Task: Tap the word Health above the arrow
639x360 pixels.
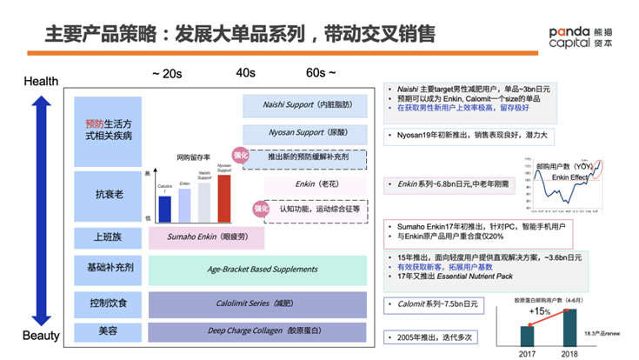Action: click(x=40, y=82)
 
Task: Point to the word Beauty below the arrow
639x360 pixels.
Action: click(x=40, y=336)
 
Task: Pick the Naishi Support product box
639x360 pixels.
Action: click(x=309, y=105)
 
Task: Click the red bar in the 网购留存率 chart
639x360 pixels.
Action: click(x=223, y=198)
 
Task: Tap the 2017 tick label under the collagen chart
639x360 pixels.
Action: click(x=527, y=353)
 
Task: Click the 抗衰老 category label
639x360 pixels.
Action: click(x=108, y=194)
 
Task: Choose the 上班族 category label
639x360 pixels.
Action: click(x=108, y=235)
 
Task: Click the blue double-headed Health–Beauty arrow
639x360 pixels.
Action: click(x=40, y=209)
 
